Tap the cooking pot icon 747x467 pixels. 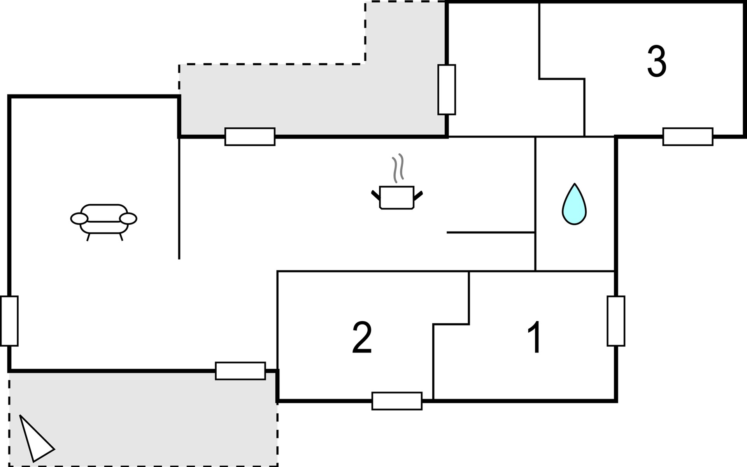point(396,198)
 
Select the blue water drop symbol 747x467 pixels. point(574,204)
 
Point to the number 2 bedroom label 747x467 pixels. point(362,337)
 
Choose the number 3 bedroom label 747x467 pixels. point(657,61)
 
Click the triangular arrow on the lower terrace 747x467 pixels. point(36,439)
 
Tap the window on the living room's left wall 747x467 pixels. point(9,321)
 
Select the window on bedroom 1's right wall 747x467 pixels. point(616,321)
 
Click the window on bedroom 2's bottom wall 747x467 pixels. point(397,401)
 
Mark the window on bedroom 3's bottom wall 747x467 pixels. point(688,137)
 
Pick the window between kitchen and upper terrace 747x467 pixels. point(250,137)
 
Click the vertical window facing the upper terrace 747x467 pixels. point(447,90)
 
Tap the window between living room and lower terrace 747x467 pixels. point(240,371)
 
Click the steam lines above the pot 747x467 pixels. point(397,168)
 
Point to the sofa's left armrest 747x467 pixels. point(79,219)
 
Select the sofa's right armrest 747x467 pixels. point(128,219)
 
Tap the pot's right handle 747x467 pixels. point(418,195)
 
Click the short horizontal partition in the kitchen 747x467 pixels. point(491,232)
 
